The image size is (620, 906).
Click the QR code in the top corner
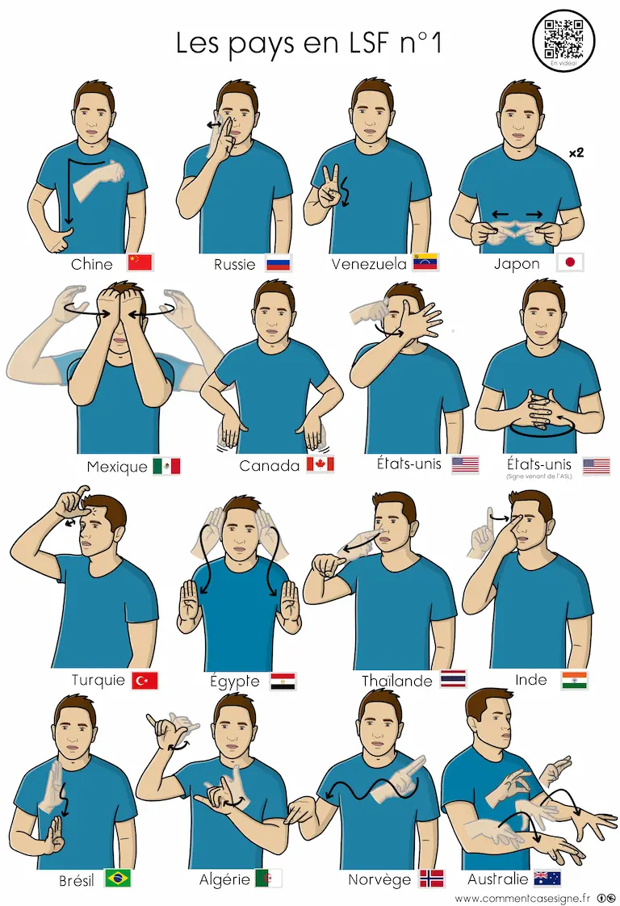pos(563,39)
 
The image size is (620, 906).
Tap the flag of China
pos(140,262)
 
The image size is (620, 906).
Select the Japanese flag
pos(570,262)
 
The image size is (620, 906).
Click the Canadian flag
pos(320,464)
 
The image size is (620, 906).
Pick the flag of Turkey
pos(145,681)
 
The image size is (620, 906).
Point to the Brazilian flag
pos(118,879)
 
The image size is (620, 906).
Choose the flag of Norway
pos(432,879)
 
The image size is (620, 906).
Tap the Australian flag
pos(547,879)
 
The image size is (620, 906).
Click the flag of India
pos(574,680)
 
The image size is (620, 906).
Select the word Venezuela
pos(369,264)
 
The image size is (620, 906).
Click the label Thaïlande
pos(397,681)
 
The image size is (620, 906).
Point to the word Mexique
pos(117,467)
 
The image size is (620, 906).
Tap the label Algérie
pos(224,879)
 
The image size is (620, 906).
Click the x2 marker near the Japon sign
pos(576,153)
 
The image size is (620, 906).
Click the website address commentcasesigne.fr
pos(522,899)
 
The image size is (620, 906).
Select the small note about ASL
pos(538,476)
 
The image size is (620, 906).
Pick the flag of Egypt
pos(283,682)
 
